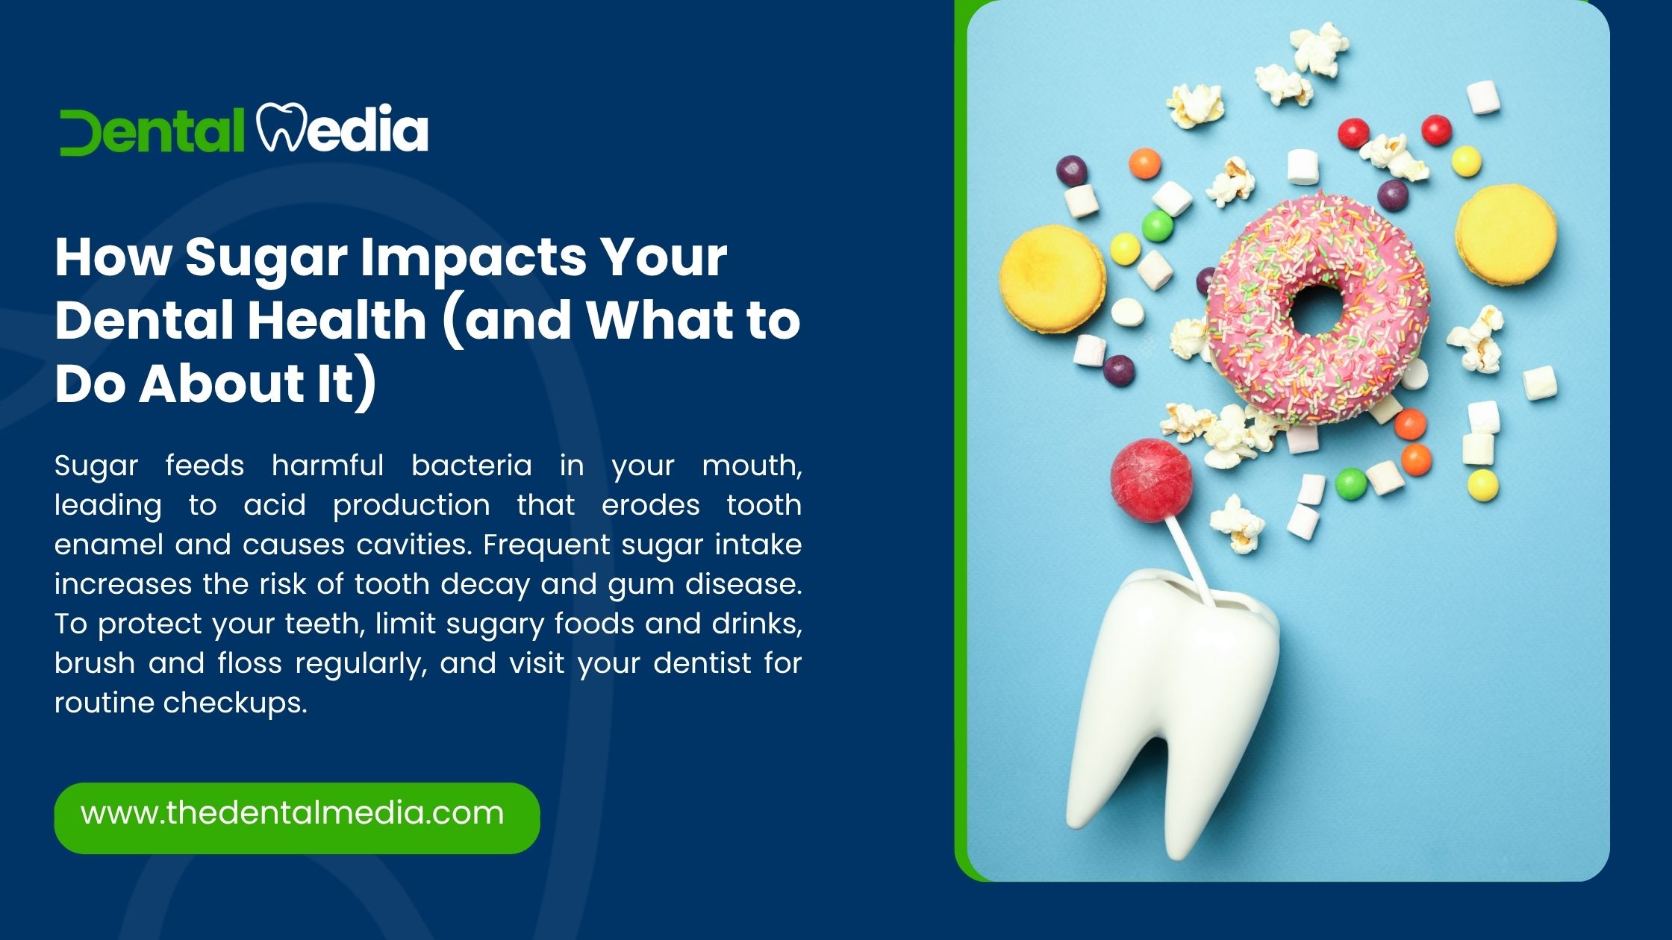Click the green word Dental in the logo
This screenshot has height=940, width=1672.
click(x=152, y=132)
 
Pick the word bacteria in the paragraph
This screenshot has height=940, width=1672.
click(x=472, y=466)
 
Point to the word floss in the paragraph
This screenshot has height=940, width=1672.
click(x=250, y=663)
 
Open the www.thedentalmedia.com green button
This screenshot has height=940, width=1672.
click(x=297, y=818)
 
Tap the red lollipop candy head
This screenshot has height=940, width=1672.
click(x=1150, y=480)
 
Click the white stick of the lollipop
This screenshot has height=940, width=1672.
click(x=1190, y=563)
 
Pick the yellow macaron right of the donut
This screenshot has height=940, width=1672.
click(x=1506, y=234)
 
